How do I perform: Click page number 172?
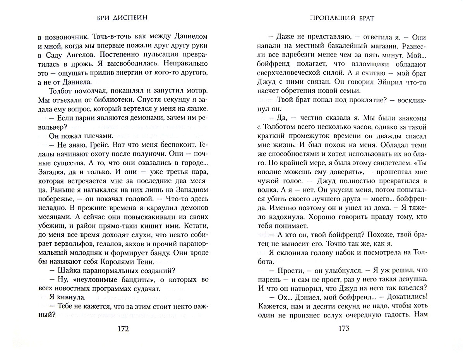(123, 329)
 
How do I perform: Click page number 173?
(344, 328)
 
